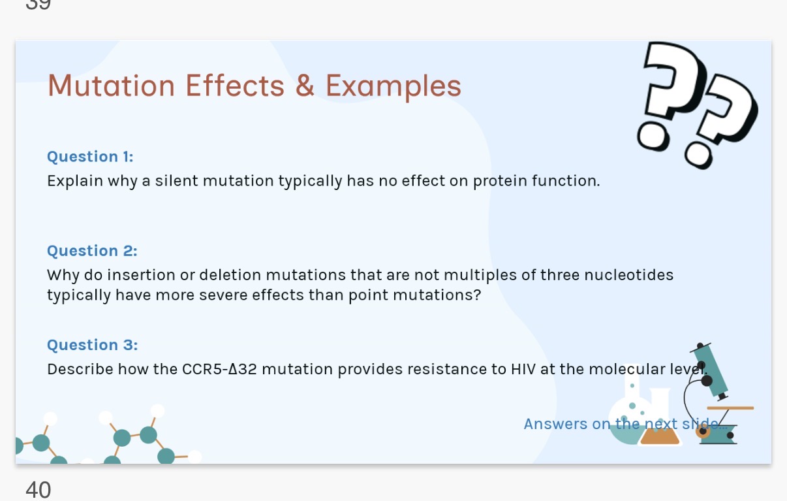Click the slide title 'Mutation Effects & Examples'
pyautogui.click(x=254, y=86)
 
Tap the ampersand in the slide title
pyautogui.click(x=305, y=86)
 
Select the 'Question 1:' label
pyautogui.click(x=90, y=157)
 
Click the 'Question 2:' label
pyautogui.click(x=92, y=251)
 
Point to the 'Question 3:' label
pyautogui.click(x=92, y=345)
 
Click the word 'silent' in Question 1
pyautogui.click(x=177, y=181)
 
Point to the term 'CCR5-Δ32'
pyautogui.click(x=219, y=369)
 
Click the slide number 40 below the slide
pyautogui.click(x=38, y=489)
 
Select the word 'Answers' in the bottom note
pyautogui.click(x=555, y=424)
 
